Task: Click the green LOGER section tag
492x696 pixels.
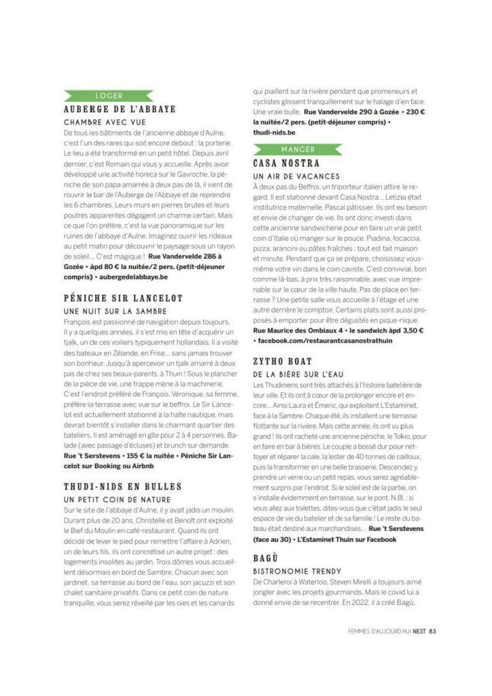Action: pos(109,95)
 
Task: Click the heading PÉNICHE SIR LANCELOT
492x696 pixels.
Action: pos(123,298)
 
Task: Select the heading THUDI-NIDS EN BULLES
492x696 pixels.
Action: pos(122,487)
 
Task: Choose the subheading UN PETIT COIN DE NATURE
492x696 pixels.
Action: pos(110,499)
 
